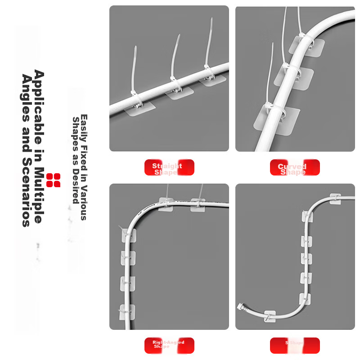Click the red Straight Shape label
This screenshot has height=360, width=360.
(x=169, y=167)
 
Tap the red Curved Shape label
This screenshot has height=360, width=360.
(x=295, y=167)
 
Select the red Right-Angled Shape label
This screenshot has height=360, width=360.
(x=169, y=345)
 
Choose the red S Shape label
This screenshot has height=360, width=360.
(x=295, y=345)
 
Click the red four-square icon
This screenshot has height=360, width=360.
(x=53, y=180)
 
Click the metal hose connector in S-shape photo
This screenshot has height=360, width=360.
(x=239, y=308)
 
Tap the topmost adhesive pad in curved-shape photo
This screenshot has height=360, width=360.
(x=310, y=46)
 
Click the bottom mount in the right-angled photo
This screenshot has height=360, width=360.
(x=127, y=311)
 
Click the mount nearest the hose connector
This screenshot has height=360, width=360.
(x=270, y=316)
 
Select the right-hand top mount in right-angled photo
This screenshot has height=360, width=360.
(x=198, y=205)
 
